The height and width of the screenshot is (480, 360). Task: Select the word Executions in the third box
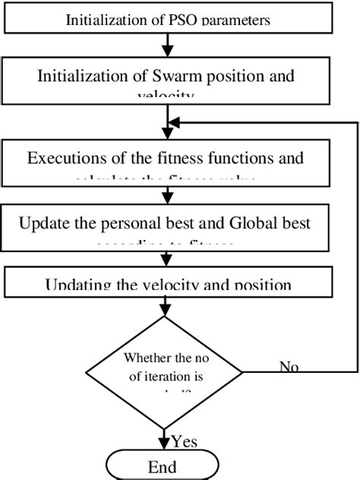[62, 159]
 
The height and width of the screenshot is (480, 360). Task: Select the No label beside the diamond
[289, 368]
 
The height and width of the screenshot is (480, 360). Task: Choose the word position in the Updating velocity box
[258, 286]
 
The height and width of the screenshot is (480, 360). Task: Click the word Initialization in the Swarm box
[81, 76]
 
